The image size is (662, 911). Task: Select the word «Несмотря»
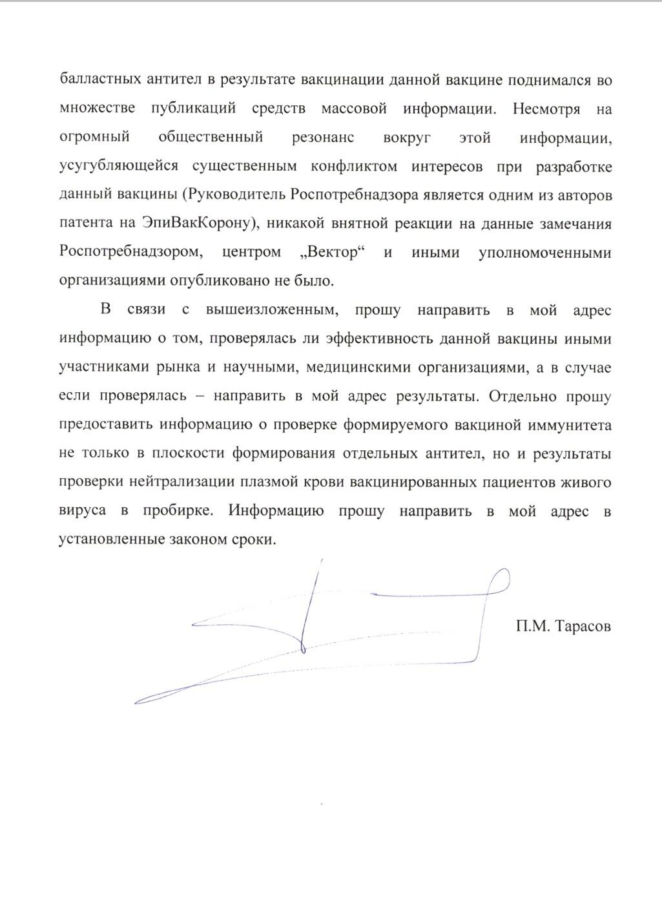(x=546, y=109)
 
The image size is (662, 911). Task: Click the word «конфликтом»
(x=353, y=167)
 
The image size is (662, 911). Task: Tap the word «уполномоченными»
(x=544, y=253)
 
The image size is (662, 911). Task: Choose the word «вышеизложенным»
(x=271, y=310)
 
